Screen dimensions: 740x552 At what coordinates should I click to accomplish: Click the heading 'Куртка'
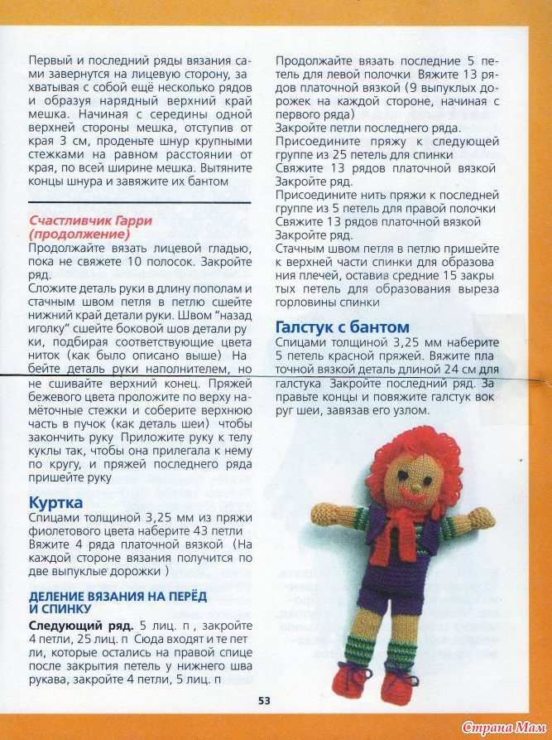pyautogui.click(x=55, y=502)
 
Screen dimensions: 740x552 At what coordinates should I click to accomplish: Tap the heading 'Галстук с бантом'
pyautogui.click(x=342, y=326)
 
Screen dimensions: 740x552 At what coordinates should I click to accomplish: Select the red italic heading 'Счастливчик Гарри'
pyautogui.click(x=91, y=220)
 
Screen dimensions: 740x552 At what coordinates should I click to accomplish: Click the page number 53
pyautogui.click(x=264, y=700)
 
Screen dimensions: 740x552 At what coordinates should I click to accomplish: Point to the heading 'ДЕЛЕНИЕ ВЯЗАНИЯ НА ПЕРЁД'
pyautogui.click(x=118, y=596)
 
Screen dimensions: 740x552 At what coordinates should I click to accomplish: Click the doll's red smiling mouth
pyautogui.click(x=410, y=492)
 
